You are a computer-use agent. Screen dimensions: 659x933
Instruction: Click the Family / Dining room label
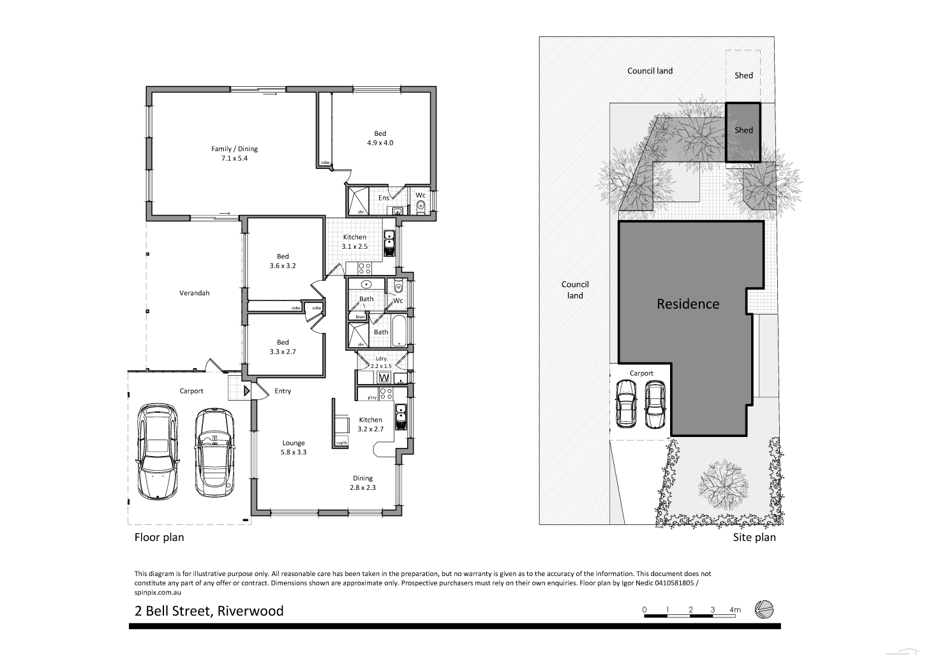[234, 149]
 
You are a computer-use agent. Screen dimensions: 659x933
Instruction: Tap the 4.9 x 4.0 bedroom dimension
[380, 143]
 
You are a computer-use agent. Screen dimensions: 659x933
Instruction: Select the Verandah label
[194, 293]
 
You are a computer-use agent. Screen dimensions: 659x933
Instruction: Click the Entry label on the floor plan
[282, 391]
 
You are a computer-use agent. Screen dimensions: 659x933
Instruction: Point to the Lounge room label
[294, 443]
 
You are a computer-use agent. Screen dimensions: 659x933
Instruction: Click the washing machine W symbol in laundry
[384, 378]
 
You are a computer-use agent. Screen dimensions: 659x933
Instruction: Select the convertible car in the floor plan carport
[214, 452]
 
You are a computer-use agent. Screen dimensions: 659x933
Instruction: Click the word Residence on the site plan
[687, 304]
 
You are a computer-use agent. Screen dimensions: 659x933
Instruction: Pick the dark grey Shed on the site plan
[743, 131]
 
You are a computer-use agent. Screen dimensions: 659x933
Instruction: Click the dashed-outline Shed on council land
[743, 75]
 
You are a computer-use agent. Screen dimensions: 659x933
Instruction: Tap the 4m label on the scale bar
[735, 610]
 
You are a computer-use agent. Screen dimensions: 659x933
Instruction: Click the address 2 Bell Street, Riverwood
[209, 611]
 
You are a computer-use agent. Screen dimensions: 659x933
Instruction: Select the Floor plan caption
[159, 537]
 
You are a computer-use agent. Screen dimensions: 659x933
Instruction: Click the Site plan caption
[754, 537]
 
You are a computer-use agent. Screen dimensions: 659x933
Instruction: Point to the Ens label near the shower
[384, 198]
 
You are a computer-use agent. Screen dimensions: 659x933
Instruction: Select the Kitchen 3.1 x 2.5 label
[355, 241]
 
